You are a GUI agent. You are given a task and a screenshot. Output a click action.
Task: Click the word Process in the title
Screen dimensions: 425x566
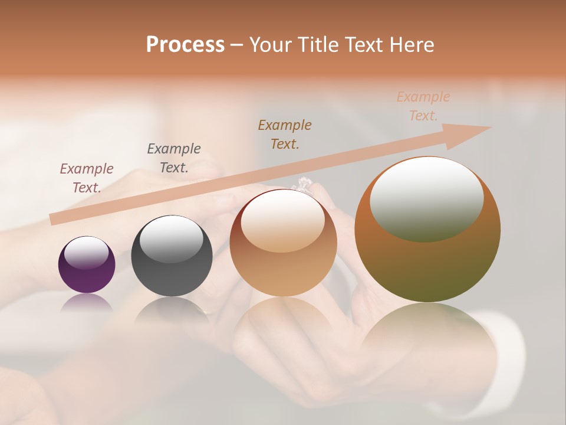[185, 44]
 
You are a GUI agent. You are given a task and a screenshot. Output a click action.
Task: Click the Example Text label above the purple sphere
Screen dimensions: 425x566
[86, 178]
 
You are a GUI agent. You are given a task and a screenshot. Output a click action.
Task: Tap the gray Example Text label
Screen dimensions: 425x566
[173, 158]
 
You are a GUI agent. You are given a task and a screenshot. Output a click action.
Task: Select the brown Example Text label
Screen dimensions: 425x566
[285, 134]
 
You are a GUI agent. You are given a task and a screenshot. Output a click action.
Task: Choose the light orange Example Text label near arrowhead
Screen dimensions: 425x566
[423, 106]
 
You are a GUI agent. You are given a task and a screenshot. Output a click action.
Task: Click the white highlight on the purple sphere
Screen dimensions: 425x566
[86, 253]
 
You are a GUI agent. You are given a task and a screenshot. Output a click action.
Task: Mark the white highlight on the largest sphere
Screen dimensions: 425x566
[426, 198]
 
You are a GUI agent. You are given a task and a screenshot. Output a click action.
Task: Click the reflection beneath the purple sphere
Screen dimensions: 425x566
[87, 302]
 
